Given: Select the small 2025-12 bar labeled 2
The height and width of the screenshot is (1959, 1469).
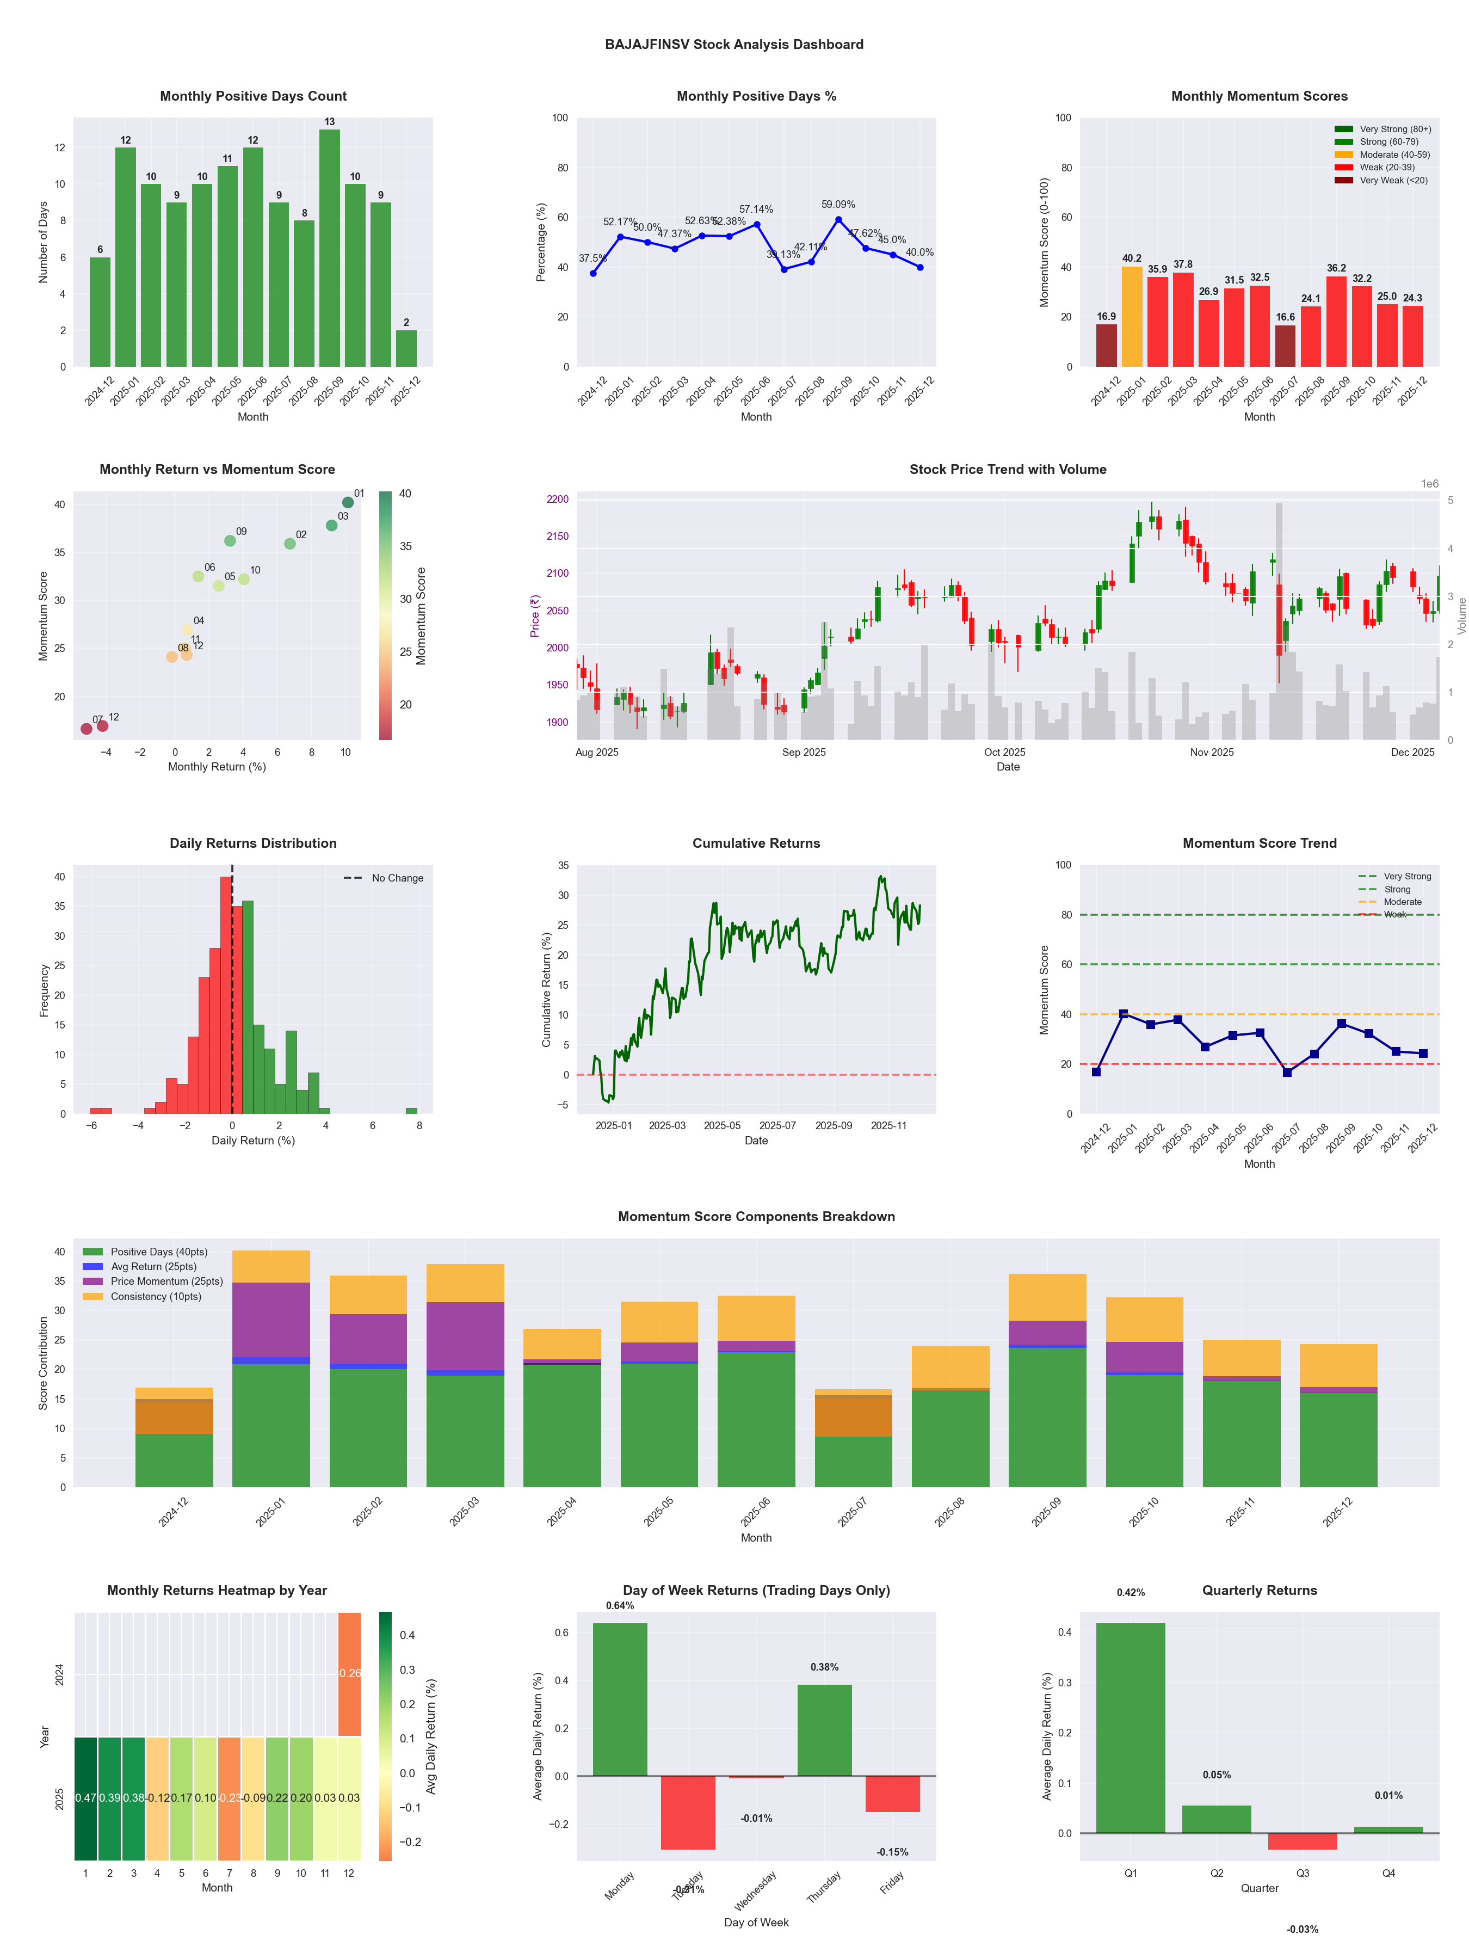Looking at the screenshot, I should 406,348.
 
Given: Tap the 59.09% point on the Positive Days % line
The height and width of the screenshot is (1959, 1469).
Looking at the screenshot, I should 838,220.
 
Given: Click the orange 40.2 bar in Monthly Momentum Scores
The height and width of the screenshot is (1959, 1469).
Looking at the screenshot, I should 1132,316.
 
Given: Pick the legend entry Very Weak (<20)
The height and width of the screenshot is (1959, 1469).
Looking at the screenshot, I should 1393,181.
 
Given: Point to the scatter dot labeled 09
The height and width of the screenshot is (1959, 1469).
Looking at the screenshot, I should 230,540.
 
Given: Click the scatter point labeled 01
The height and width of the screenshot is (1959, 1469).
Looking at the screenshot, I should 348,502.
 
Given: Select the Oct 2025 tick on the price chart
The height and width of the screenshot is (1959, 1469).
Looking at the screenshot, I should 1004,752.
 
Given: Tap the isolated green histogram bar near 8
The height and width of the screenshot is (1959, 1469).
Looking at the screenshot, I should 411,1111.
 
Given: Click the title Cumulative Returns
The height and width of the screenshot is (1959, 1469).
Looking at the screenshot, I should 756,843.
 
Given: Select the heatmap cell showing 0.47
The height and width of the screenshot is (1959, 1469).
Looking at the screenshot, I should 85,1798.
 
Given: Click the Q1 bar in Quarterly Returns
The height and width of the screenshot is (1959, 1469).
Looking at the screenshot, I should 1130,1727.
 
